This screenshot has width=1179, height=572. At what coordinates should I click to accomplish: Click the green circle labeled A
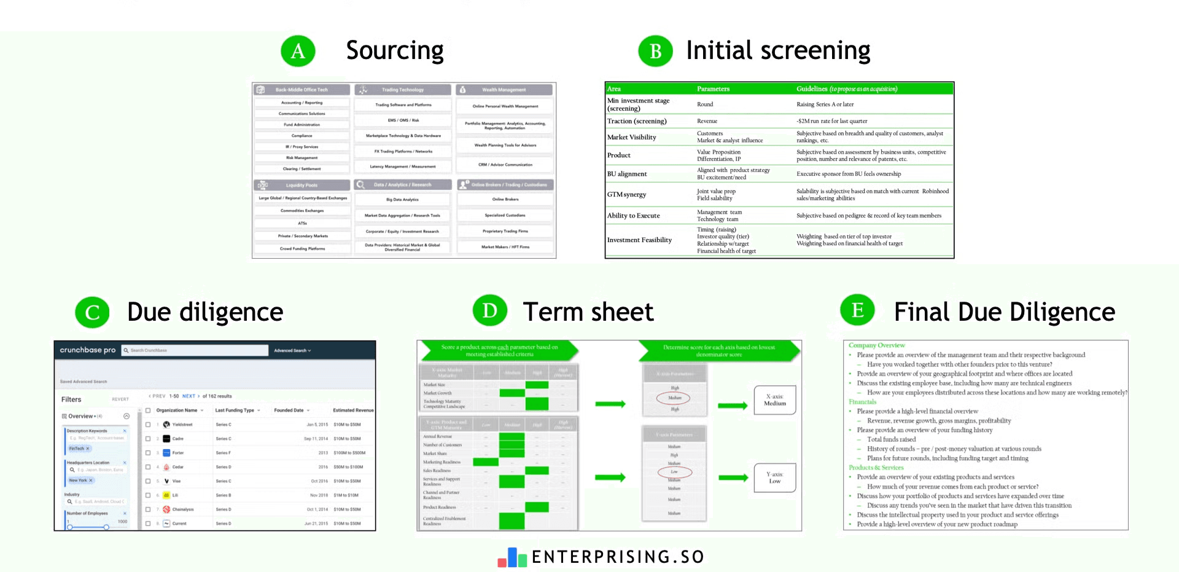(298, 51)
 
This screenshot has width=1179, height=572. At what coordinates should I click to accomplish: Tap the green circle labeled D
(489, 310)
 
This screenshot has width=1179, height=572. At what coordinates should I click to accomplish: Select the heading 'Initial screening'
(777, 50)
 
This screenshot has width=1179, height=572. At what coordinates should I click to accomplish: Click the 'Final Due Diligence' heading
(1004, 312)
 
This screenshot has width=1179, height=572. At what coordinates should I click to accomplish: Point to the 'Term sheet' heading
(588, 312)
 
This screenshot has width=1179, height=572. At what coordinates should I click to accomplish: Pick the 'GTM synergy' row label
(626, 195)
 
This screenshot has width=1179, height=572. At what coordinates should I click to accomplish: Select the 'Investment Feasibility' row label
(639, 240)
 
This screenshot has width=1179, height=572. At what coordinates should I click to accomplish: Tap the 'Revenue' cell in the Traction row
(707, 122)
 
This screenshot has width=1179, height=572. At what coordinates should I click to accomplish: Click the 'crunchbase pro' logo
(87, 350)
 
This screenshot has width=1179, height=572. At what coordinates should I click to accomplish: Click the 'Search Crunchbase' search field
(195, 350)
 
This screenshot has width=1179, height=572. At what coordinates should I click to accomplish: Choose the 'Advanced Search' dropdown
(292, 350)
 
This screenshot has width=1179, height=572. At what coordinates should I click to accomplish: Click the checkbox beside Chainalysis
(148, 509)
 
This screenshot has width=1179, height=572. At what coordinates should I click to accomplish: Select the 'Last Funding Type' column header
(236, 410)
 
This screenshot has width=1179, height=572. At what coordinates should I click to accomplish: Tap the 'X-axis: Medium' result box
(774, 400)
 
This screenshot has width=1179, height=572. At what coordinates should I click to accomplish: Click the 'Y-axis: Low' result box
(774, 477)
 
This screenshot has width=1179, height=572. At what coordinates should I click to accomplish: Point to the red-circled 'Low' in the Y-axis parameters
(674, 472)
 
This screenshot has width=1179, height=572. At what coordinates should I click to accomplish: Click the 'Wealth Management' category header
(504, 90)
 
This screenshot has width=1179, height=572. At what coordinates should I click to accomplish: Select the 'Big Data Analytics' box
(402, 200)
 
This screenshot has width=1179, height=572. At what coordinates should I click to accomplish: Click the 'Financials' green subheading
(862, 402)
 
